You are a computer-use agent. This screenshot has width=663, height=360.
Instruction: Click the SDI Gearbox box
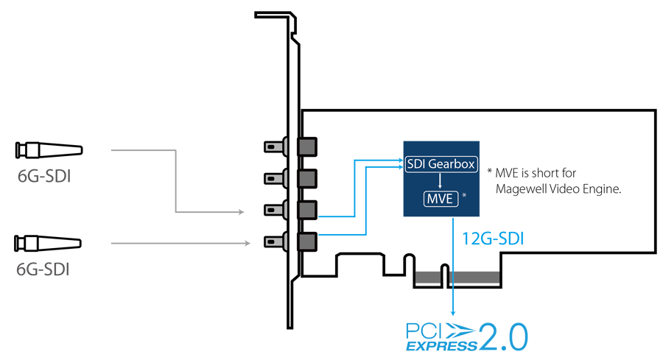441,164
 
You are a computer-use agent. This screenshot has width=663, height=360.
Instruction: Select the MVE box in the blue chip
441,199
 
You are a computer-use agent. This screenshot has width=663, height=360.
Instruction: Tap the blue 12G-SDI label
493,239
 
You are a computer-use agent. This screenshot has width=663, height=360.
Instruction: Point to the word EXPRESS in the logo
441,346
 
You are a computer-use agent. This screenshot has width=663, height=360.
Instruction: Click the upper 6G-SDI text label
44,176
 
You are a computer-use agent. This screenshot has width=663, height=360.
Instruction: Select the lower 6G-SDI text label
43,269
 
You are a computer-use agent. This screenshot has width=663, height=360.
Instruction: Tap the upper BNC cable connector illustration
49,150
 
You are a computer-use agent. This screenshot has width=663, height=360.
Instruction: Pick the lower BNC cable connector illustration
48,244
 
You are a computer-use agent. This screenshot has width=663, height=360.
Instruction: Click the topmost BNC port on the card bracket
290,147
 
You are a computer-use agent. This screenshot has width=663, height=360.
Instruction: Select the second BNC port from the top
290,178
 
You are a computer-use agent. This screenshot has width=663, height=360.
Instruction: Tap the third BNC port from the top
290,210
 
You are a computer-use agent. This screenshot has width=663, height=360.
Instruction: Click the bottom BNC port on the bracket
290,241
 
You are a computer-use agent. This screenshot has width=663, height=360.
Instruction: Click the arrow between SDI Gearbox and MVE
441,181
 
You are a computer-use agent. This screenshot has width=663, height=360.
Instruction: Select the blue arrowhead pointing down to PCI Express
453,313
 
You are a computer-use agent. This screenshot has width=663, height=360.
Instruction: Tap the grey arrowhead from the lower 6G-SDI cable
248,243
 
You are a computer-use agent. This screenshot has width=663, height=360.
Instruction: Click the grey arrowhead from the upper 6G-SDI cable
241,212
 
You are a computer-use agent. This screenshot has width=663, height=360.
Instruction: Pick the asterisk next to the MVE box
464,195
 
